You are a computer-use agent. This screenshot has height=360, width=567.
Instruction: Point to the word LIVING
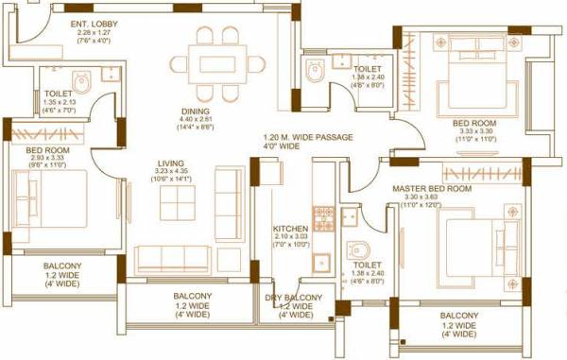pyautogui.click(x=170, y=163)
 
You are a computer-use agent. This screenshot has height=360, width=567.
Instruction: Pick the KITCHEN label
pyautogui.click(x=290, y=229)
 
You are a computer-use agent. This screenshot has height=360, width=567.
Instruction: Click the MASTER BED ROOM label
pyautogui.click(x=432, y=189)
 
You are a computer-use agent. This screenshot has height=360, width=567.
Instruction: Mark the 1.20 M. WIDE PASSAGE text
pyautogui.click(x=308, y=138)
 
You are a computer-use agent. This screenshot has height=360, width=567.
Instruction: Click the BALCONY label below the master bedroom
pyautogui.click(x=458, y=316)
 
